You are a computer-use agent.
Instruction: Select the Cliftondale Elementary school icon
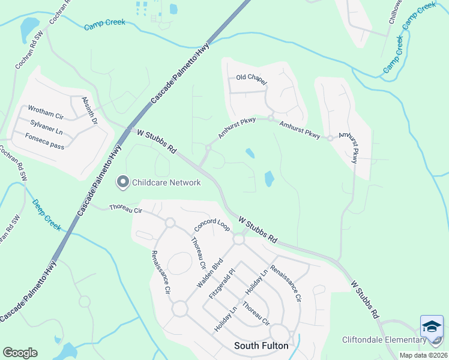(x=432, y=327)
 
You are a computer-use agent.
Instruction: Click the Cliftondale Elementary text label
(x=384, y=340)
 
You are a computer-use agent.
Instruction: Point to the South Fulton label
(x=261, y=346)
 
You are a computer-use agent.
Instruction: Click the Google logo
(x=20, y=353)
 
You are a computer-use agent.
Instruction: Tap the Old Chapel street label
(x=251, y=79)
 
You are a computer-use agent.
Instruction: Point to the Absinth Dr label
(x=89, y=111)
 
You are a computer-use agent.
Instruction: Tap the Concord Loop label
(x=212, y=226)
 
